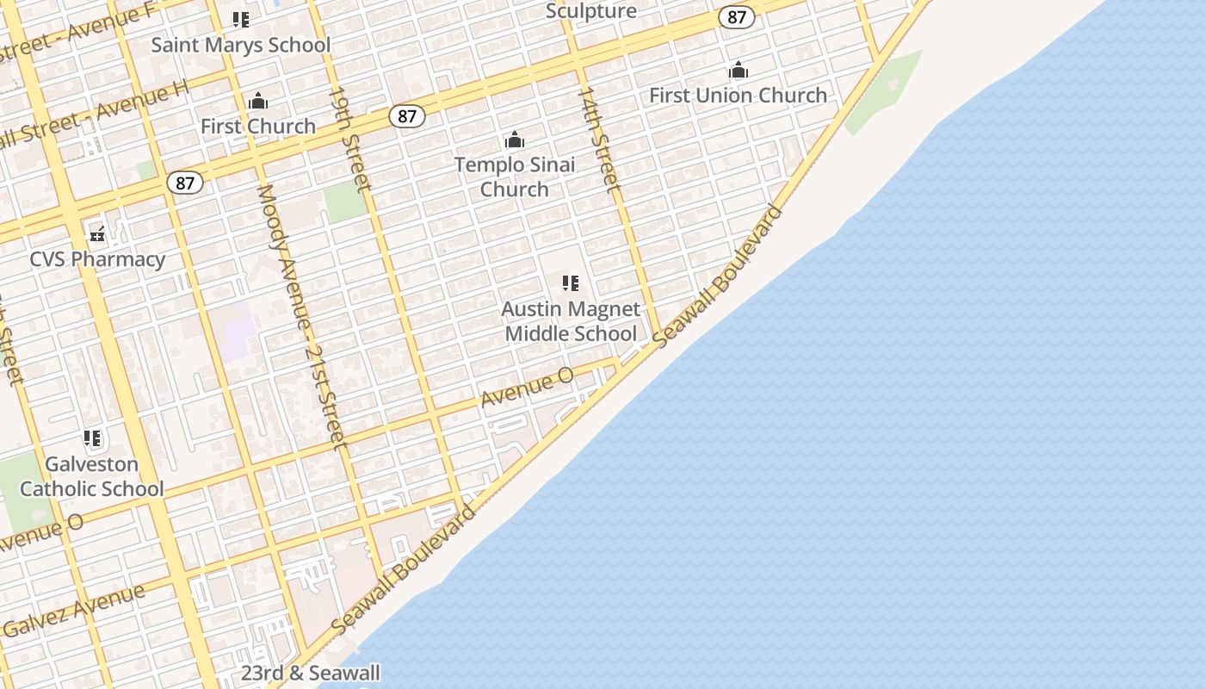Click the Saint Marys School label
point(241,45)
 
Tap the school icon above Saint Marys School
point(241,19)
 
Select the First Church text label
point(258,126)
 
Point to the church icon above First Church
point(258,102)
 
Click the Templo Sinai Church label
point(514,177)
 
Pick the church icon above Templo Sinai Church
point(514,140)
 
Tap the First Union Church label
point(738,95)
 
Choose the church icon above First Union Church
point(738,71)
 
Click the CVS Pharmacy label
point(97,259)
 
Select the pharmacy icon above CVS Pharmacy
point(97,233)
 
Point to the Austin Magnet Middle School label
point(571,321)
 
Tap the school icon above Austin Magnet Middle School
point(570,282)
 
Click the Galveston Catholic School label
point(91,476)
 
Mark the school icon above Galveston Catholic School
point(92,438)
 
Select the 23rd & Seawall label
point(310,673)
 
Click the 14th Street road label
point(598,139)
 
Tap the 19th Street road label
point(349,138)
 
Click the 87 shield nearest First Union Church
point(736,17)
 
